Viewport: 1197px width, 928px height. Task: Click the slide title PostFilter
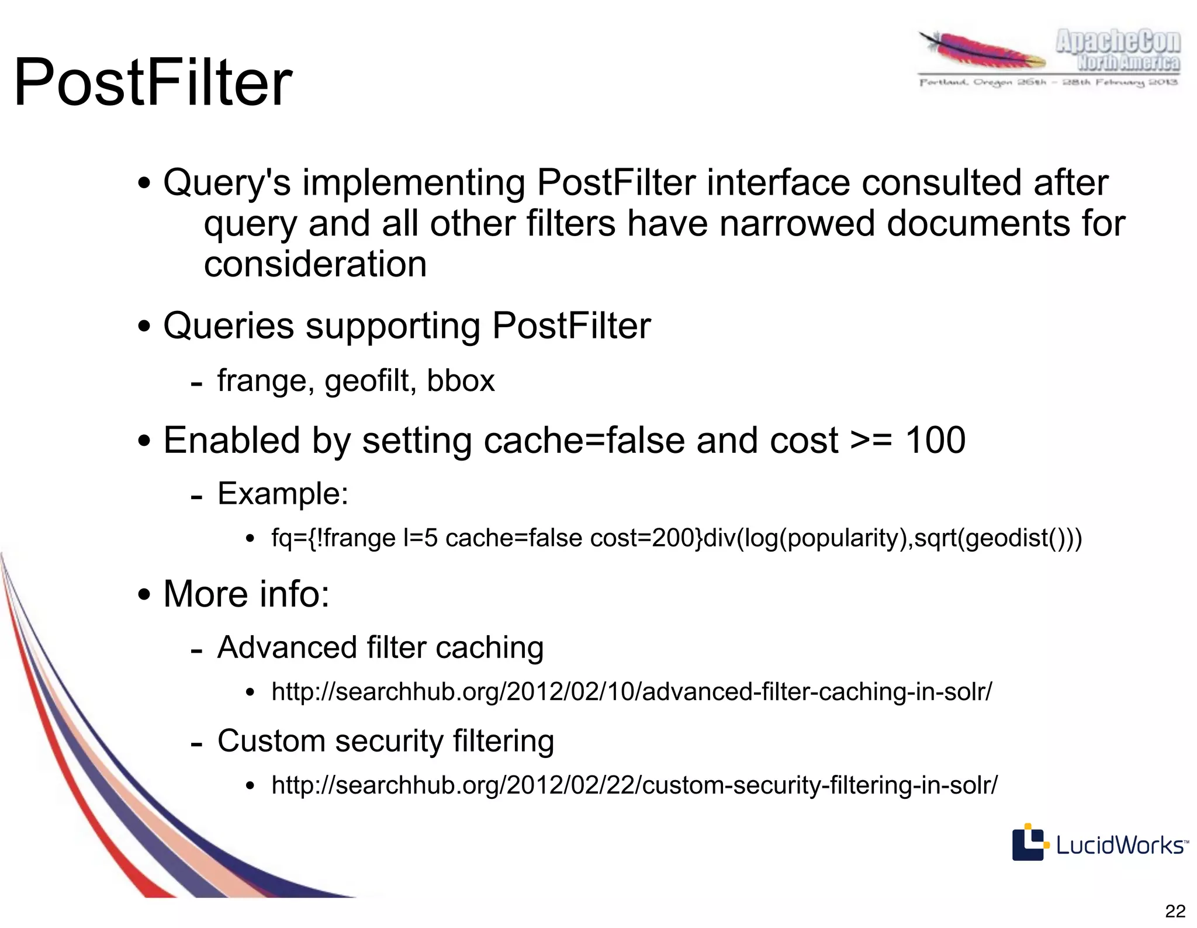coord(153,82)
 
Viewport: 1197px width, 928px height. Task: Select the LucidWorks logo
coord(1099,843)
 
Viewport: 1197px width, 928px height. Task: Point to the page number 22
coord(1175,911)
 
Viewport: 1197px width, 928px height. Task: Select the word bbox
coord(461,381)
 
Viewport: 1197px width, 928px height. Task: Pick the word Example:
coord(283,494)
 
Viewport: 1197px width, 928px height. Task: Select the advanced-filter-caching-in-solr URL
coord(631,692)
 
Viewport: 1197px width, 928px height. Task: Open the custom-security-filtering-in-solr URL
coord(634,785)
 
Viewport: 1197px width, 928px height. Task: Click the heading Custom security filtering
coord(385,741)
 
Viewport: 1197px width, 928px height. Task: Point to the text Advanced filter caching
coord(380,647)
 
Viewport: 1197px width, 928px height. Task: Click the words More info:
coord(246,594)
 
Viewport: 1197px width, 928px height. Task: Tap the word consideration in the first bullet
coord(315,264)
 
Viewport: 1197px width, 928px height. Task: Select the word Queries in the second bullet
coord(229,326)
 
